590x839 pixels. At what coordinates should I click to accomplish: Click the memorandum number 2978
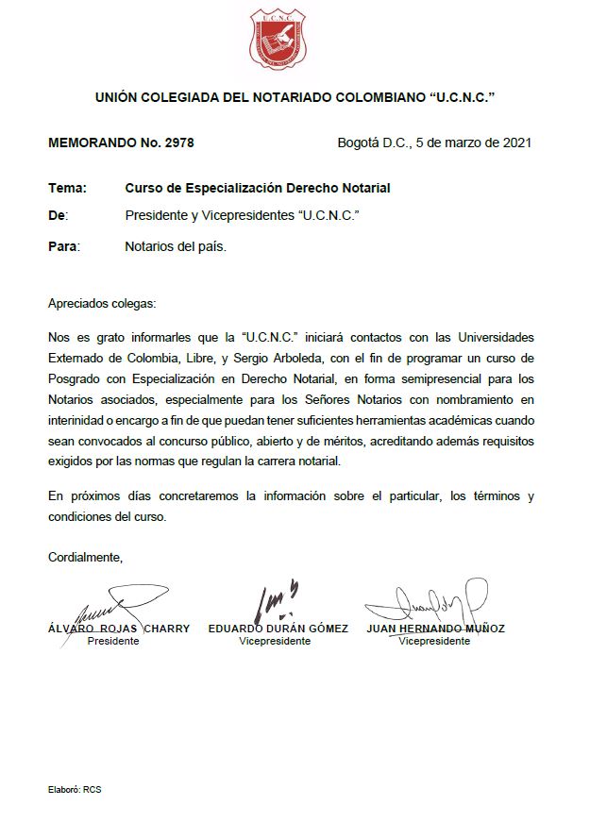pyautogui.click(x=177, y=143)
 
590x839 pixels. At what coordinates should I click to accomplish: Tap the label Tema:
pyautogui.click(x=67, y=188)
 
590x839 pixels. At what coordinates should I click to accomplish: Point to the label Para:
pyautogui.click(x=64, y=246)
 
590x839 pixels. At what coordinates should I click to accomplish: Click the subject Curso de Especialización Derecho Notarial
pyautogui.click(x=257, y=188)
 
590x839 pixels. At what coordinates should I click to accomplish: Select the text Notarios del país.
pyautogui.click(x=176, y=246)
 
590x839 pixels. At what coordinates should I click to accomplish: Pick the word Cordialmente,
pyautogui.click(x=86, y=557)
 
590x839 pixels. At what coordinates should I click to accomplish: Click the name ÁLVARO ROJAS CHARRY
pyautogui.click(x=118, y=629)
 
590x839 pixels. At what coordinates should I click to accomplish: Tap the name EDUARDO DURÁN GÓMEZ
pyautogui.click(x=278, y=629)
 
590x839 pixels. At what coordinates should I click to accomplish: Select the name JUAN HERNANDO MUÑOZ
pyautogui.click(x=435, y=629)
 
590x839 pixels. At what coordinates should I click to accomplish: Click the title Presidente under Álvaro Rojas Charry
pyautogui.click(x=112, y=641)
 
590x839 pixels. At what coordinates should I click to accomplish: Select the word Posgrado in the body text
pyautogui.click(x=76, y=378)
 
